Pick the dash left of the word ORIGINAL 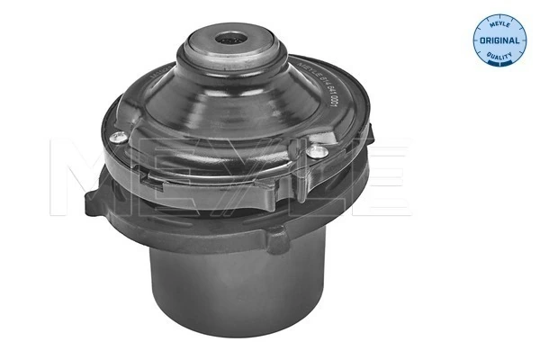point(478,41)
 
